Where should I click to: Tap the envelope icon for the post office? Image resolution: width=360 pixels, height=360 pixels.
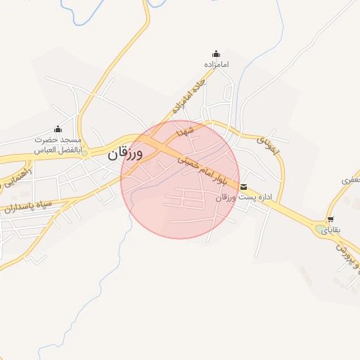244,187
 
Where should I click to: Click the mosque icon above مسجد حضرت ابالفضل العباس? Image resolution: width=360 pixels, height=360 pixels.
58,129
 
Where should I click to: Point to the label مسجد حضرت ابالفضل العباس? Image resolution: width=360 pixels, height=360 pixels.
60,145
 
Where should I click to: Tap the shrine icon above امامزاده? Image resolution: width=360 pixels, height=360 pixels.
216,53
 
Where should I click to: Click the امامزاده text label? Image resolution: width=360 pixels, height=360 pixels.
217,65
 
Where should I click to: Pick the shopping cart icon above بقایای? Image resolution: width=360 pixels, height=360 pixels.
330,219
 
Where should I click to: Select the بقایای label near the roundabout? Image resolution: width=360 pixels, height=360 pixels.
329,230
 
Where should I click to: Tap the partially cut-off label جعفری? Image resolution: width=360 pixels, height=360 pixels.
349,180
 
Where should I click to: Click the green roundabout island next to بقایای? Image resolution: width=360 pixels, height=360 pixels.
314,226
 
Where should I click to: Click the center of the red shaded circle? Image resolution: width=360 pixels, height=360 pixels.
181,179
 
